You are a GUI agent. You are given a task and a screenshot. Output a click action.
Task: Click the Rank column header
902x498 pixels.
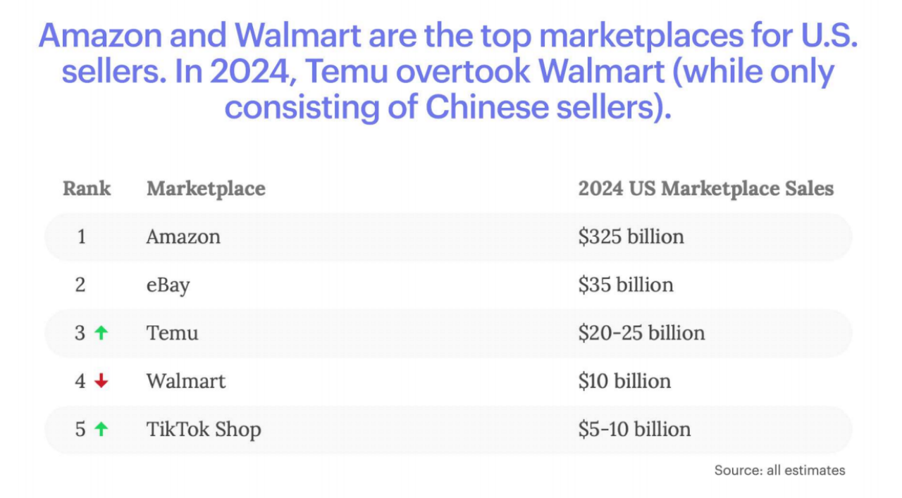(87, 189)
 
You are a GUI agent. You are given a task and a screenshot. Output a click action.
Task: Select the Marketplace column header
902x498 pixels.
(206, 189)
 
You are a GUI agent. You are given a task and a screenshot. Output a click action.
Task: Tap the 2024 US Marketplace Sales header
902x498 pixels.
(705, 189)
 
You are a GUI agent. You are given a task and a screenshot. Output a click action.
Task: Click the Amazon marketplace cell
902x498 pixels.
(183, 237)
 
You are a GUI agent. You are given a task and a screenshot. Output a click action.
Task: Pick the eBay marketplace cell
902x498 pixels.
(168, 285)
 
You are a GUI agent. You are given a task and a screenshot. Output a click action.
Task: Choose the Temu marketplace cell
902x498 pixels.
(172, 332)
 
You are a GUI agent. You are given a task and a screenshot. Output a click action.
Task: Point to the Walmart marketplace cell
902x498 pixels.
(186, 381)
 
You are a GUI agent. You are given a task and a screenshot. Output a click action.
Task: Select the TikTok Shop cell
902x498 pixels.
(204, 430)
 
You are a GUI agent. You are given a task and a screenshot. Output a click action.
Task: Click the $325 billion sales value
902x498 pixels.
(631, 237)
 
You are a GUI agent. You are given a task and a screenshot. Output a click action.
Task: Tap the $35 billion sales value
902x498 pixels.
(626, 285)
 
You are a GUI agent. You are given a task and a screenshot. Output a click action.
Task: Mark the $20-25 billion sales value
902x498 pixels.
(641, 332)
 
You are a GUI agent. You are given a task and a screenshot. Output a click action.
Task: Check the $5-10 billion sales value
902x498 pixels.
(634, 430)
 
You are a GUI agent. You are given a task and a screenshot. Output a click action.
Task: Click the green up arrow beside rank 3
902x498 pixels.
(101, 332)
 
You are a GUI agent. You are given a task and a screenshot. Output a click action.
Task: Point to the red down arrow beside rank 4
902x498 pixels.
(101, 381)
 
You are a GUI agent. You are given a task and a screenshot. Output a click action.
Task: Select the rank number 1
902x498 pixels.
(82, 237)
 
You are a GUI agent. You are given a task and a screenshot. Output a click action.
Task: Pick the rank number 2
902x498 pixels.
(81, 285)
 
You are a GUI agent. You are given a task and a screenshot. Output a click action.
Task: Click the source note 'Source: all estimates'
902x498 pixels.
(779, 470)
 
